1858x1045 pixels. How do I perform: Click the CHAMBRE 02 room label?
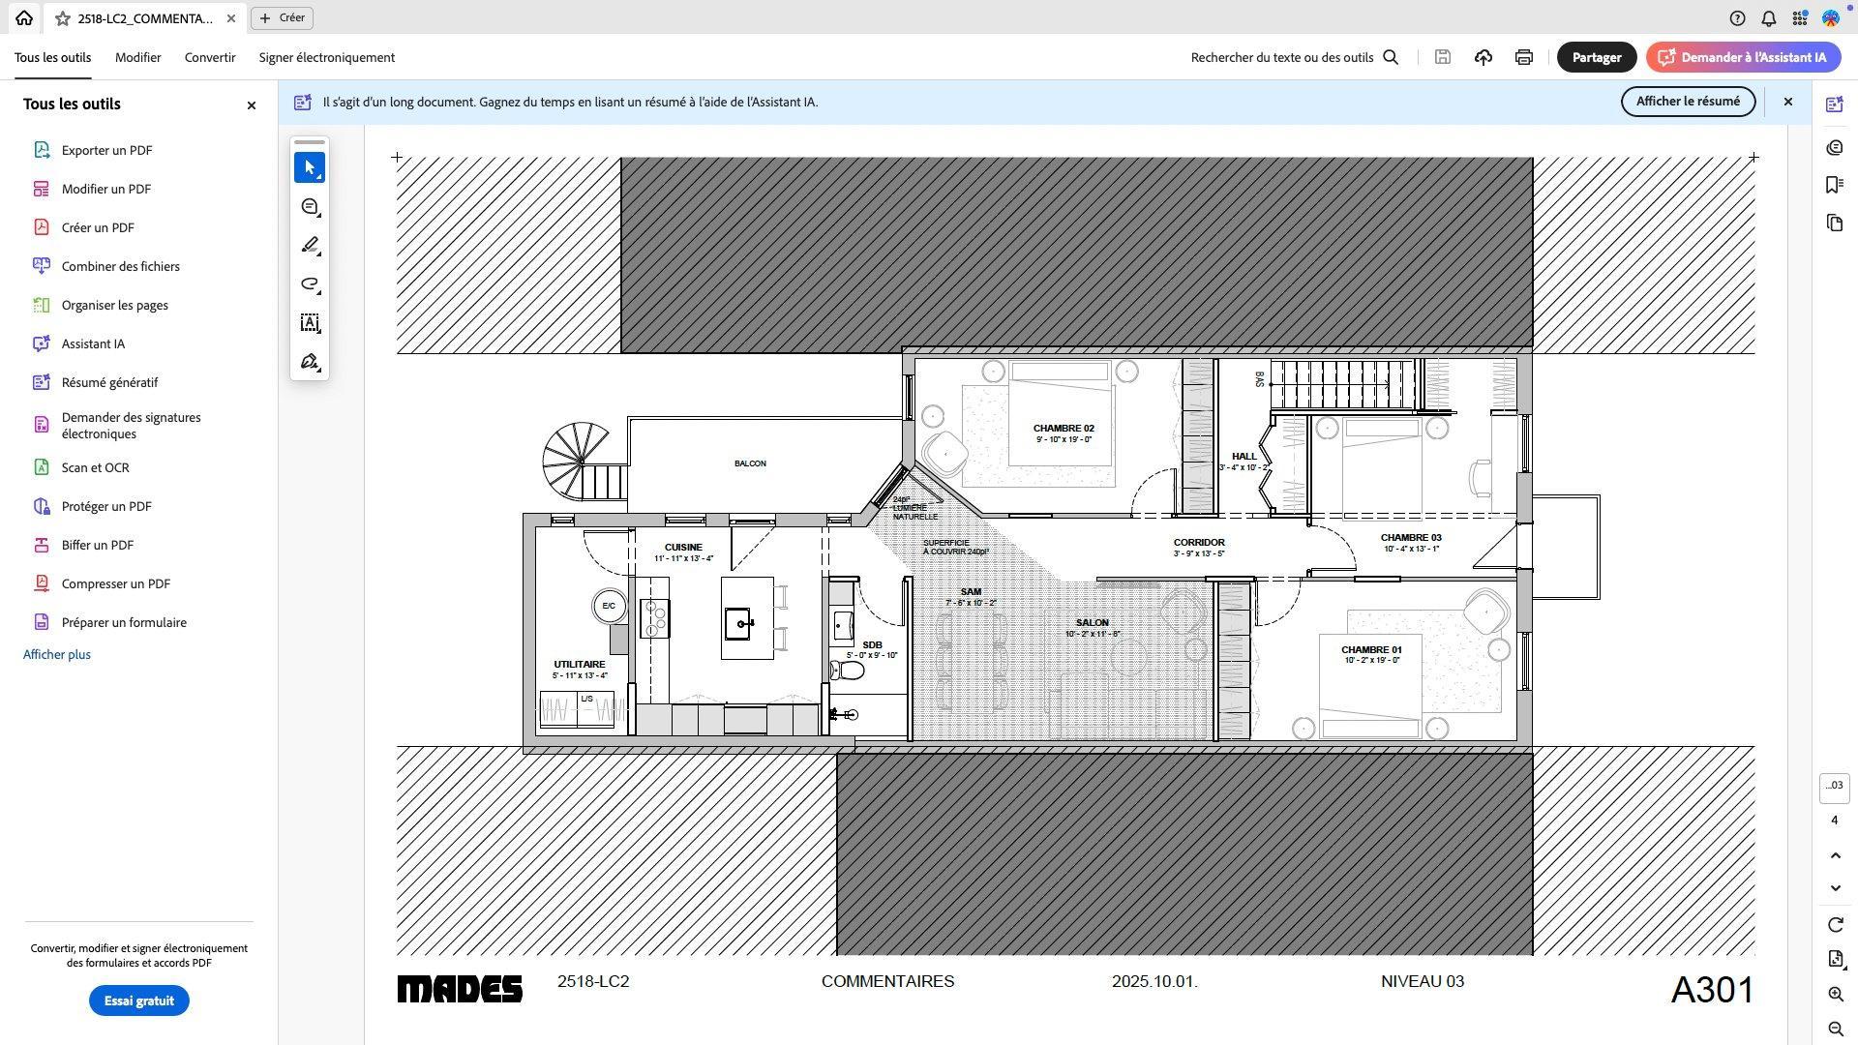[x=1063, y=429]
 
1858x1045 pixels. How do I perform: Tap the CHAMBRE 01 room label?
[x=1370, y=650]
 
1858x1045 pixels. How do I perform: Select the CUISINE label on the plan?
[x=683, y=548]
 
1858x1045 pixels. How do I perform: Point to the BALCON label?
[x=750, y=463]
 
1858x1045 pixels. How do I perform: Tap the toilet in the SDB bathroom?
[x=847, y=670]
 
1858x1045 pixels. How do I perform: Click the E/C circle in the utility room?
[x=609, y=607]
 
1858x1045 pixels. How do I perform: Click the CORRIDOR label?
[x=1199, y=543]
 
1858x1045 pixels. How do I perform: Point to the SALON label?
[x=1092, y=623]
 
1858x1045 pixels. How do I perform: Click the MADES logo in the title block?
[x=460, y=989]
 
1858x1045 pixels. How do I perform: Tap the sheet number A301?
[x=1712, y=990]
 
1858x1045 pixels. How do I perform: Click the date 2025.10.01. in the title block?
[x=1154, y=981]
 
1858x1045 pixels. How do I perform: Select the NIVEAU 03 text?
[x=1422, y=981]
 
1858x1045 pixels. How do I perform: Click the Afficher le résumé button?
[x=1688, y=102]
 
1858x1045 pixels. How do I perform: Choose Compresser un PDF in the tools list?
[x=116, y=583]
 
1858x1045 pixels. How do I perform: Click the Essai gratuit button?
[x=138, y=1000]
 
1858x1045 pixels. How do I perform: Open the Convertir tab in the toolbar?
[x=210, y=57]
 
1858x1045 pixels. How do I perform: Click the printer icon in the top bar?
[x=1523, y=57]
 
